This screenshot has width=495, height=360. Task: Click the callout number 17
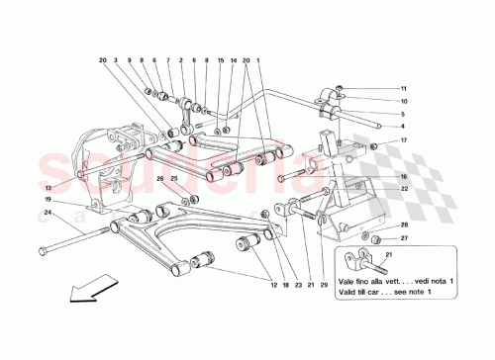[403, 140]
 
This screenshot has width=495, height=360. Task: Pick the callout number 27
[403, 238]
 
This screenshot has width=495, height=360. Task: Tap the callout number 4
[403, 127]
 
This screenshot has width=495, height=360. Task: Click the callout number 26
[158, 178]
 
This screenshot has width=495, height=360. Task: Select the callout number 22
[403, 189]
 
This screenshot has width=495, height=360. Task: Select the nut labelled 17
[375, 147]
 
